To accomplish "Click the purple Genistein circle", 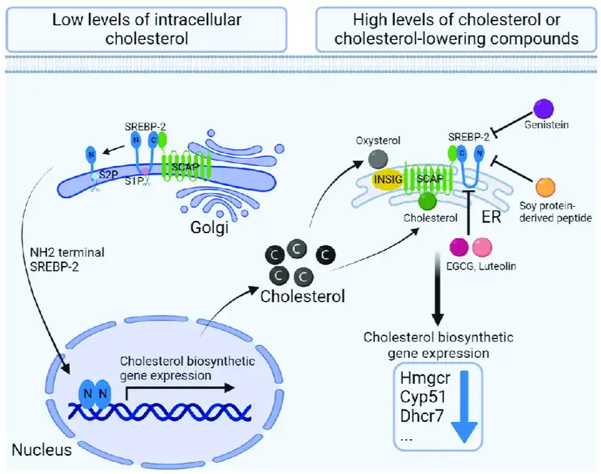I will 544,109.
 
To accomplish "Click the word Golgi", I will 209,229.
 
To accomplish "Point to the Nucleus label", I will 41,450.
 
